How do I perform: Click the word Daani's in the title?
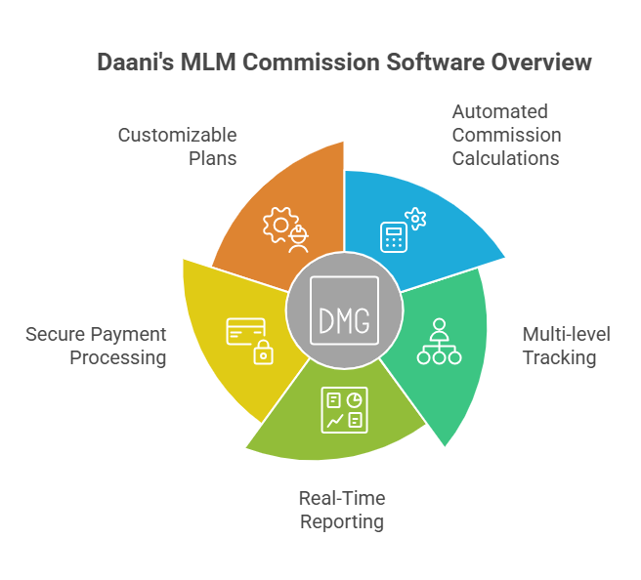tap(135, 62)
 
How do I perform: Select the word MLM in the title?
tap(209, 62)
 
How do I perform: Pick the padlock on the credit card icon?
tap(262, 353)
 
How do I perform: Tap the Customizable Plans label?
tap(178, 146)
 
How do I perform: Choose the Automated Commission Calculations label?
tap(506, 134)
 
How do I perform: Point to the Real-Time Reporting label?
tap(342, 510)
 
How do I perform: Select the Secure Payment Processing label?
tap(97, 346)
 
